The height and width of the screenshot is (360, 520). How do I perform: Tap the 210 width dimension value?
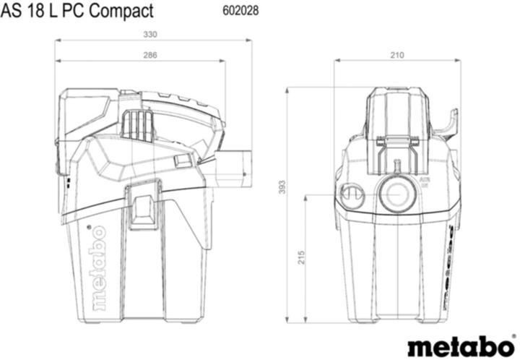397,55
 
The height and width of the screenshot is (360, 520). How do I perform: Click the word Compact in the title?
121,11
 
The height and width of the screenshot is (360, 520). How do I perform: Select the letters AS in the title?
12,11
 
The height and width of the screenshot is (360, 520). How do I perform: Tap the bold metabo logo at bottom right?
459,345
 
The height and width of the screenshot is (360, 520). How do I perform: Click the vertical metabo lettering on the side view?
98,267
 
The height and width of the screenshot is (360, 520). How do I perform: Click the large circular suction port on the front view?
396,193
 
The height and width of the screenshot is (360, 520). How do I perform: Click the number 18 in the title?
35,11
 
